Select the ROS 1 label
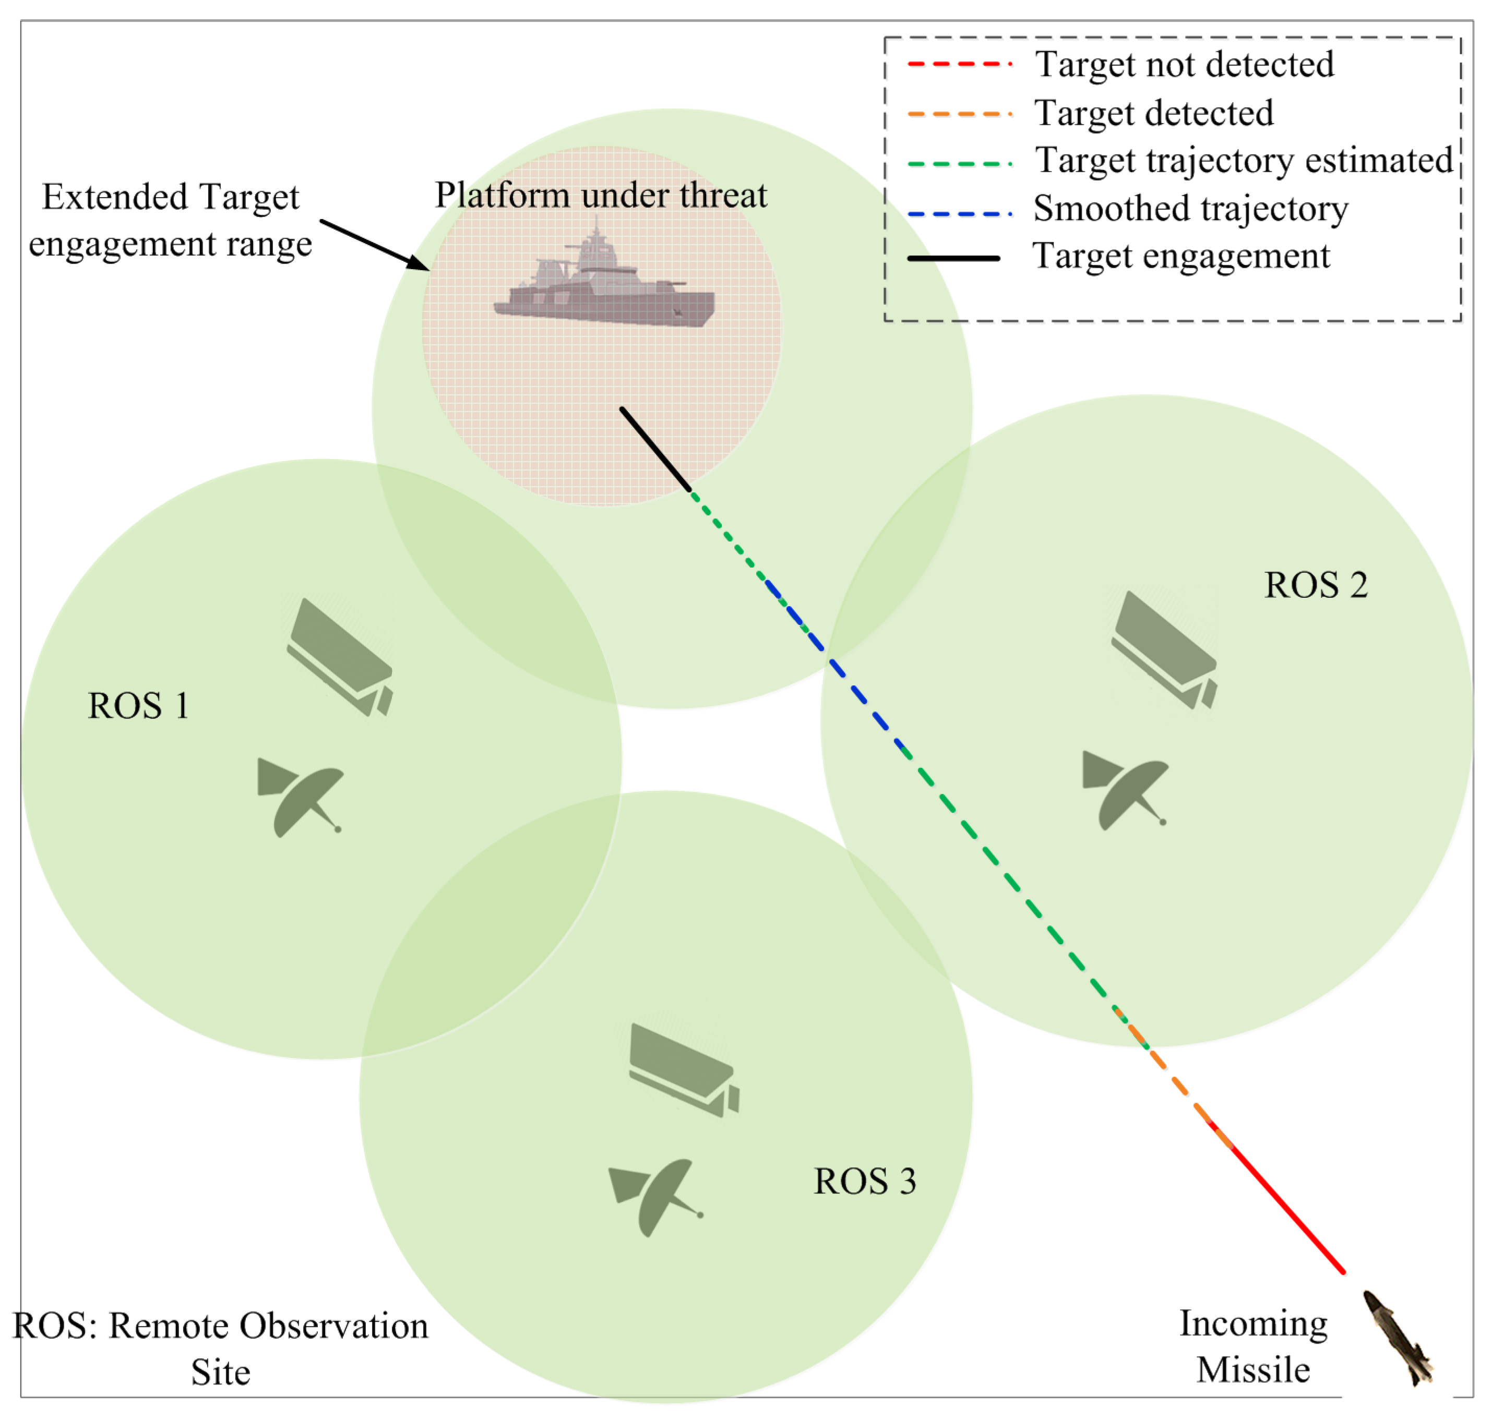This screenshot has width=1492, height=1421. pyautogui.click(x=138, y=706)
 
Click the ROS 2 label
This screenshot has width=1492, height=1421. pyautogui.click(x=1316, y=585)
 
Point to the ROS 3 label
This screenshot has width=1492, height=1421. pyautogui.click(x=865, y=1181)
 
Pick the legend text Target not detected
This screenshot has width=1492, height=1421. pyautogui.click(x=1184, y=64)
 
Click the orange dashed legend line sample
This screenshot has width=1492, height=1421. pyautogui.click(x=959, y=114)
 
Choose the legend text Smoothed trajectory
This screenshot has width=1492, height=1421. pyautogui.click(x=1190, y=208)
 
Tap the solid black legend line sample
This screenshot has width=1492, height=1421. pyautogui.click(x=953, y=258)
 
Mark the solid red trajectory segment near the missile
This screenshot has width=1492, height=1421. pyautogui.click(x=1288, y=1212)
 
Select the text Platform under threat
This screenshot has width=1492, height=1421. pyautogui.click(x=600, y=196)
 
